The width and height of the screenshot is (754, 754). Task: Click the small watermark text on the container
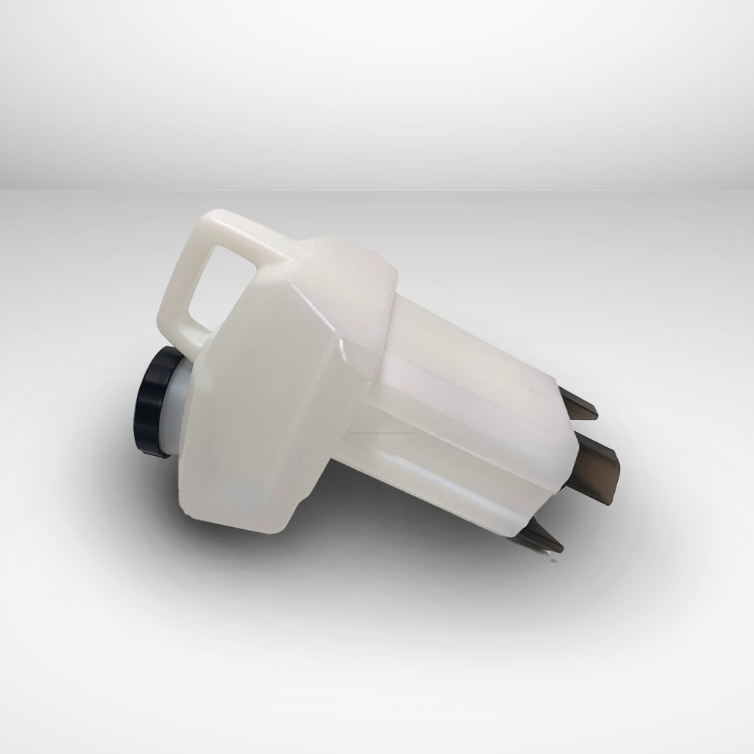click(x=383, y=431)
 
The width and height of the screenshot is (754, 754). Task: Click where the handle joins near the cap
click(x=196, y=350)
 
